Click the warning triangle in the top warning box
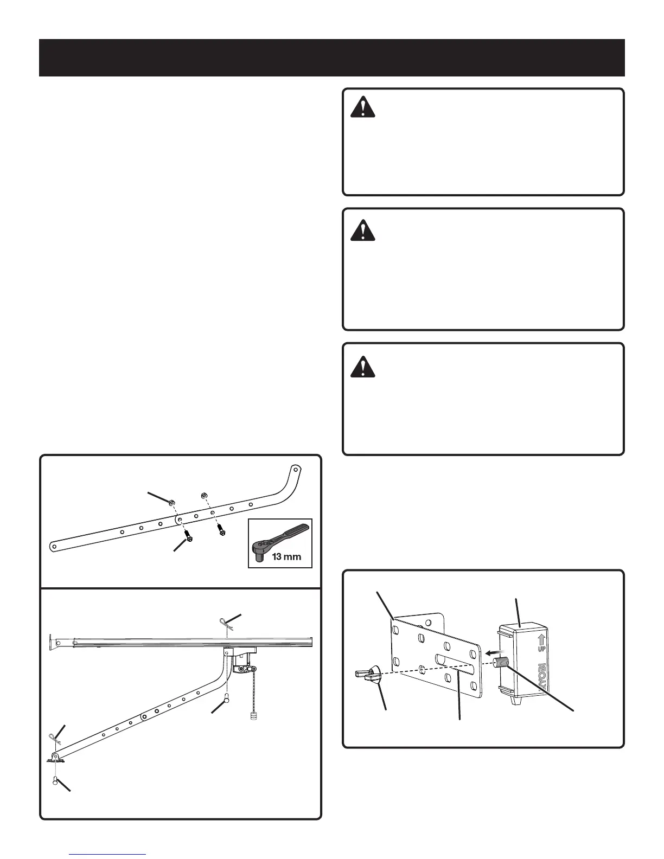click(x=363, y=107)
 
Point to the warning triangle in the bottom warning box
click(x=363, y=367)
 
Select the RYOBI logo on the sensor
click(x=542, y=678)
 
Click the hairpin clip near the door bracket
click(x=55, y=738)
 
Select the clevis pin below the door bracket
click(x=55, y=781)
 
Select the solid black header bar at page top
click(x=332, y=57)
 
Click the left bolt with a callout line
click(x=188, y=536)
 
